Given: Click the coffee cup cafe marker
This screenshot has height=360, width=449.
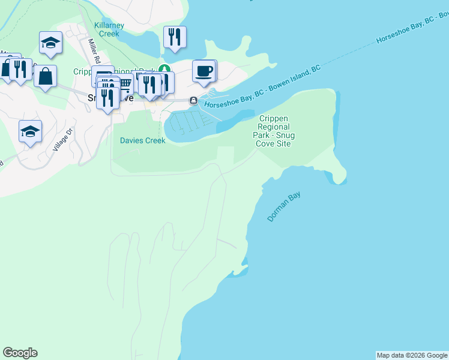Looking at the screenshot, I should click(203, 71).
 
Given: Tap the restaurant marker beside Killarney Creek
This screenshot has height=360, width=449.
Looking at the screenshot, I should click(174, 37).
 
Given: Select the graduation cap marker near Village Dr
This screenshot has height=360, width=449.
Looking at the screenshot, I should click(30, 132).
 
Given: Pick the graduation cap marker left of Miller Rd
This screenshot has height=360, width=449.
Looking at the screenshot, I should click(50, 43).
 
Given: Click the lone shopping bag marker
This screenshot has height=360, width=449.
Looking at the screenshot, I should click(45, 77).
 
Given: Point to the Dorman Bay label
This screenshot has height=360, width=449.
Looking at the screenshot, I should click(283, 207).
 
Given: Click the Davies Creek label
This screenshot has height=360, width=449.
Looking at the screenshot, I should click(142, 141).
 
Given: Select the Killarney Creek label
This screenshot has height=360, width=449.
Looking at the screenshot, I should click(109, 30).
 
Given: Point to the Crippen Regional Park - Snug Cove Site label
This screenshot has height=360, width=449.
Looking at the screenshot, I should click(274, 131).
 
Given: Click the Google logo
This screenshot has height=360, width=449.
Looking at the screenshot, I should click(20, 353).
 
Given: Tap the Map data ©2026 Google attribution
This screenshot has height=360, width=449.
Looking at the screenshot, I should click(412, 355).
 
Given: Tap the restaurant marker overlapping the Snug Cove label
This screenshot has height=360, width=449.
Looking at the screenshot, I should click(107, 96).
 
